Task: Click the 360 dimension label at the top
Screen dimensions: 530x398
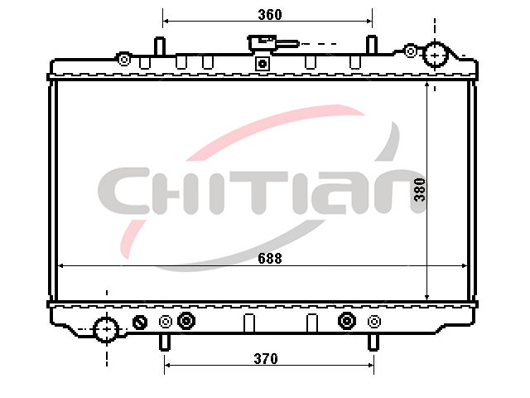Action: [x=270, y=15]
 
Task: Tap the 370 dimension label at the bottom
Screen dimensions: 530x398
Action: [x=266, y=359]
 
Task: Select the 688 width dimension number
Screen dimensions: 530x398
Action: [x=270, y=259]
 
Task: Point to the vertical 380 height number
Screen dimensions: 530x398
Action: [x=420, y=190]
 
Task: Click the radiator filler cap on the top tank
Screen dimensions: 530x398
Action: [x=263, y=42]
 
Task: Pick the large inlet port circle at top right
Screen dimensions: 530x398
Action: [x=436, y=54]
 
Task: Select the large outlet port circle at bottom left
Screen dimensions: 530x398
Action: [x=106, y=329]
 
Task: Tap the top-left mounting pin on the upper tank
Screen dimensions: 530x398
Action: [x=160, y=46]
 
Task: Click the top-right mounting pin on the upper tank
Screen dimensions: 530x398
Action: [x=372, y=44]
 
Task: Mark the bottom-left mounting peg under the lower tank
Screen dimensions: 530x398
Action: [x=165, y=342]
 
